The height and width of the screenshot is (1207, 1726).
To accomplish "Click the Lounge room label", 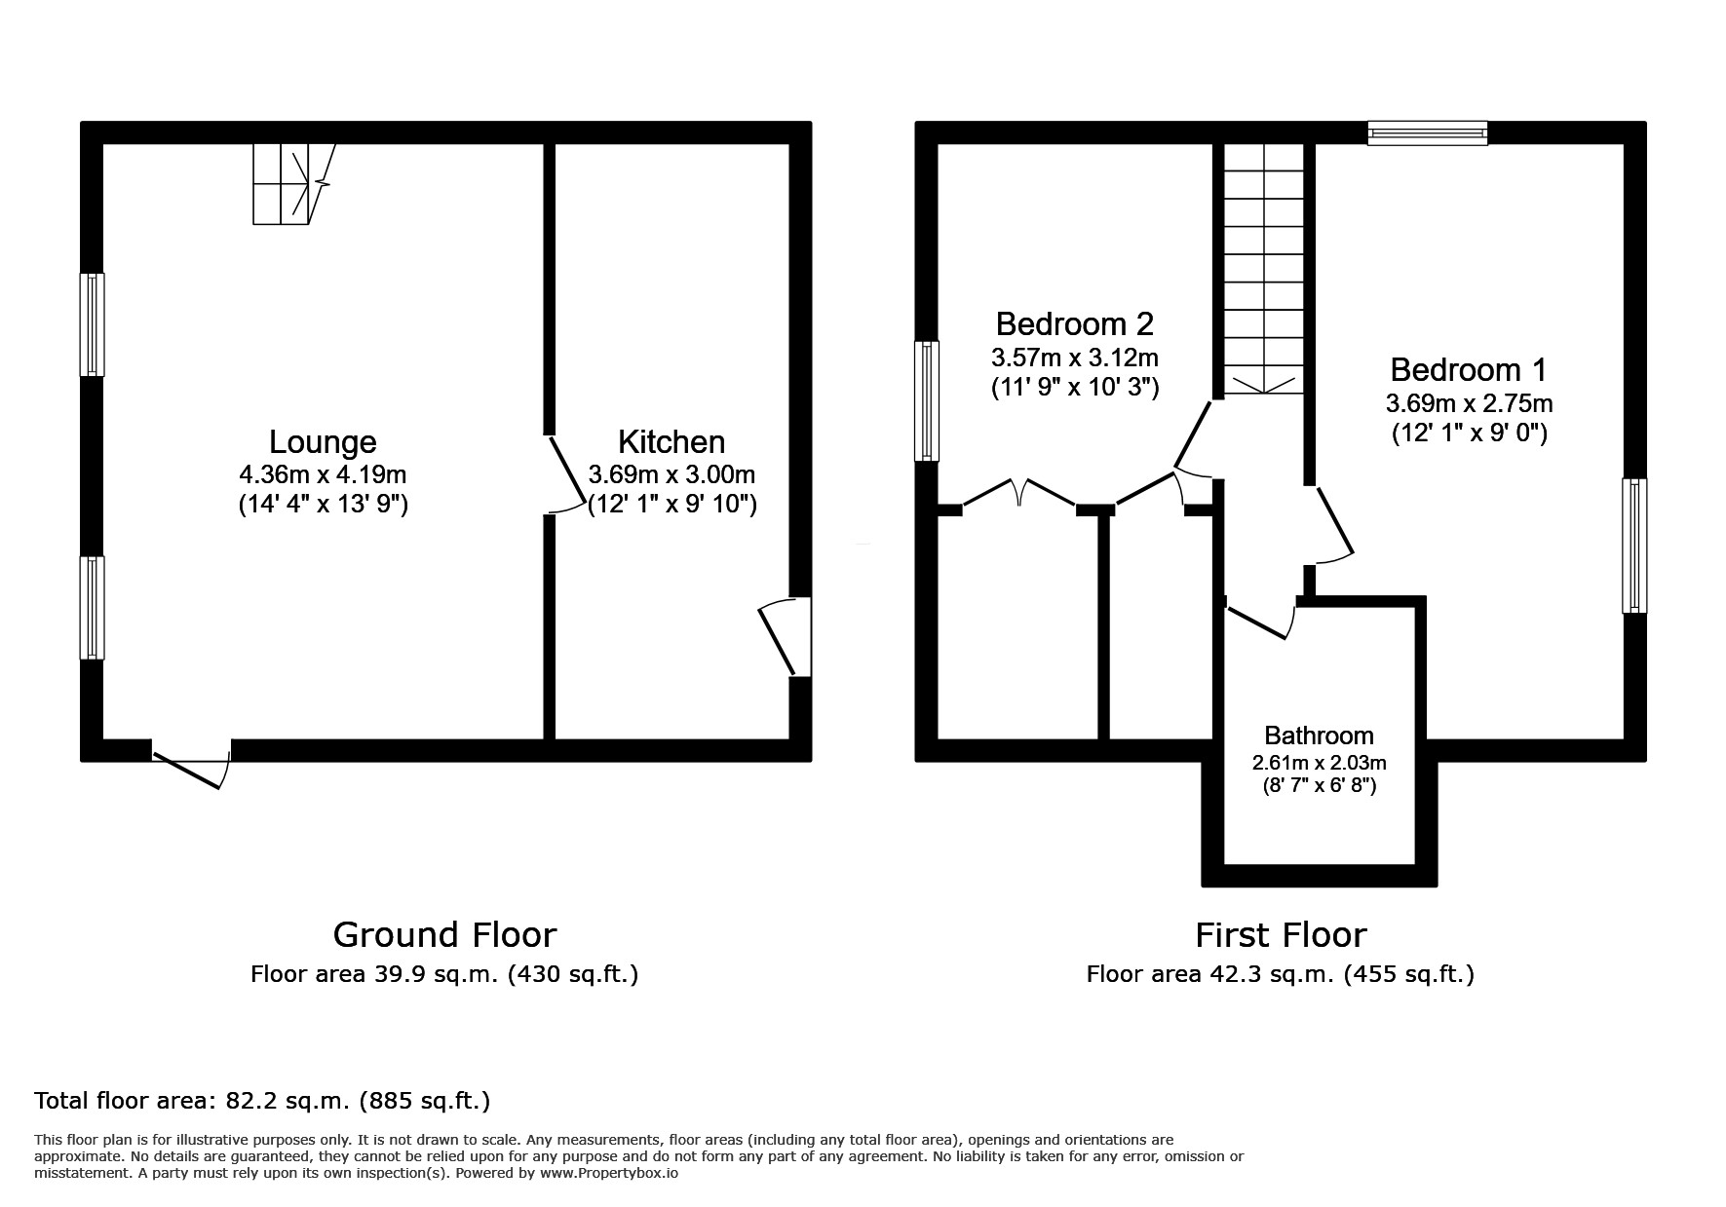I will pos(323,442).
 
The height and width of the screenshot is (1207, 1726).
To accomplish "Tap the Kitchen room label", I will pos(671,442).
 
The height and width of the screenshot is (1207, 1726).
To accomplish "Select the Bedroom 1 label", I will pos(1468,370).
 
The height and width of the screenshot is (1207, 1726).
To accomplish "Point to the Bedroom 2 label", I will pos(1074,323).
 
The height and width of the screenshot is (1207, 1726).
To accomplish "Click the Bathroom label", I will pos(1319,736).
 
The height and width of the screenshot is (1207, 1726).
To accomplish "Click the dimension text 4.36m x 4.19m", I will pos(323,475).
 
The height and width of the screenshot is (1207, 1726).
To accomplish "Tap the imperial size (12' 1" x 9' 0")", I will pos(1469,433).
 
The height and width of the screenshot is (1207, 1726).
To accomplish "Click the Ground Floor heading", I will pos(444,935).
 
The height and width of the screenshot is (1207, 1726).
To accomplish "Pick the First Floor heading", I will pos(1281,935).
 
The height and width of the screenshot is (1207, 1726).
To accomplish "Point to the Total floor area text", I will pos(262,1102).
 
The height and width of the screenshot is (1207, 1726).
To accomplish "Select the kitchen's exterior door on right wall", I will pos(786,637).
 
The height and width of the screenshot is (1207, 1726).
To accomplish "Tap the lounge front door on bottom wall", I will pos(192,766).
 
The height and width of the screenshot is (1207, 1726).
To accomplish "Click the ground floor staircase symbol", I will pos(290,184).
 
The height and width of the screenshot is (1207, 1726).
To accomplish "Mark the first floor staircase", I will pos(1262,269).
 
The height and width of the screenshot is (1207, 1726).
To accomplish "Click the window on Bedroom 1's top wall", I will pos(1427,133).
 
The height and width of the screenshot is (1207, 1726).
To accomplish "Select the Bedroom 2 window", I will pos(926,400).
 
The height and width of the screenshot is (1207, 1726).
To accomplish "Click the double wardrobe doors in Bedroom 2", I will pos(1019,492).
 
